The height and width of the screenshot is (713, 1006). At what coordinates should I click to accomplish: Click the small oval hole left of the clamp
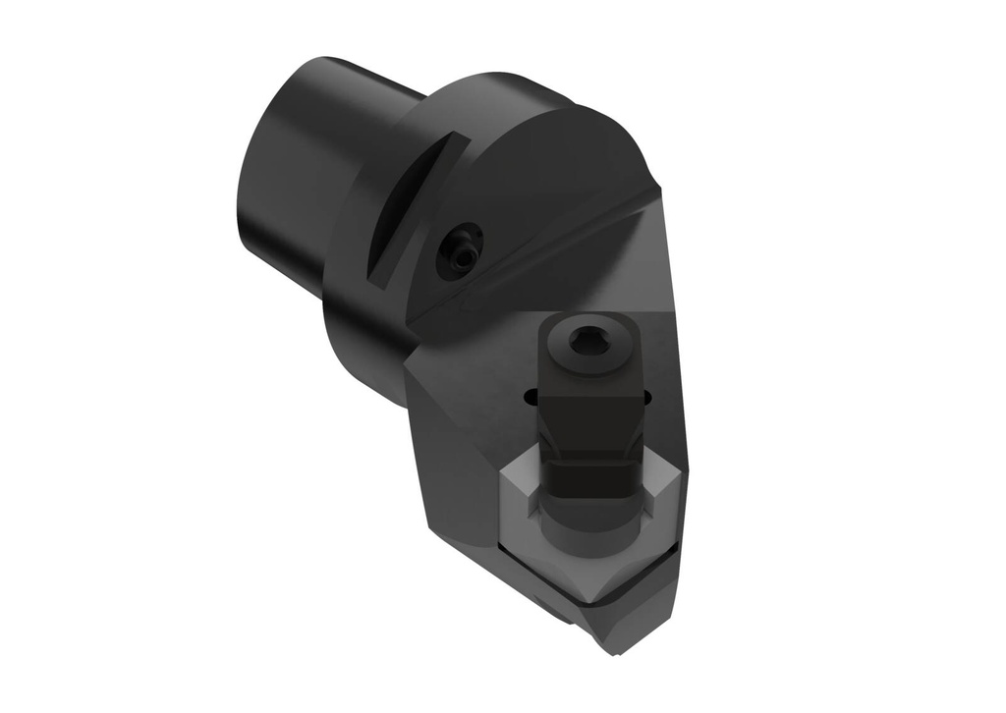pyautogui.click(x=531, y=397)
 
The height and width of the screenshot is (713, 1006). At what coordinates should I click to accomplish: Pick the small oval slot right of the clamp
pyautogui.click(x=645, y=397)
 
